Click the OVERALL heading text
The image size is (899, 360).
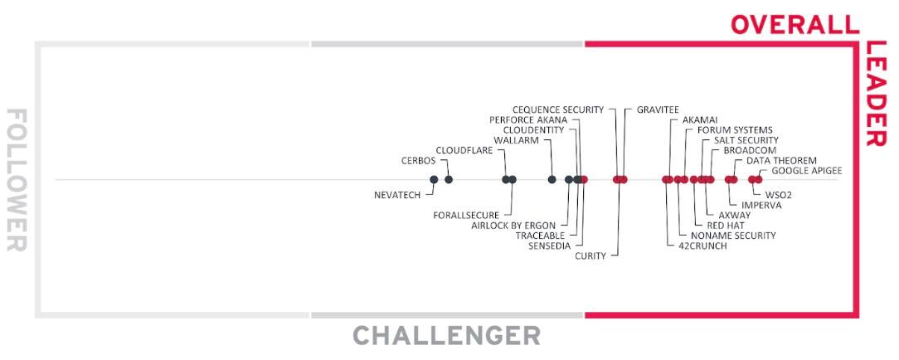[x=795, y=25]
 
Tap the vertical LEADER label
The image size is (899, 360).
[x=876, y=94]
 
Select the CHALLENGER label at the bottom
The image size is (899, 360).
[x=446, y=335]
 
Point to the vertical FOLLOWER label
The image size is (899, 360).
[x=17, y=179]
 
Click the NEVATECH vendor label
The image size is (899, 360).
[x=396, y=195]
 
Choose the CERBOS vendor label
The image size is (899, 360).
[x=419, y=161]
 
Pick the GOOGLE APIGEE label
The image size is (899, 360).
[x=807, y=171]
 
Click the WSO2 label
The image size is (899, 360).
[x=779, y=195]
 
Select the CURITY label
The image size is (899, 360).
[x=590, y=256]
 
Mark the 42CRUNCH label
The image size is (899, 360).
[x=702, y=246]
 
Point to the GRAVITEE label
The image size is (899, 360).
[x=658, y=109]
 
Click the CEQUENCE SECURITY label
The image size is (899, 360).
[x=558, y=109]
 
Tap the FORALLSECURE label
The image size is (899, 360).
[x=466, y=216]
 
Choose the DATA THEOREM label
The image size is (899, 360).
[x=781, y=161]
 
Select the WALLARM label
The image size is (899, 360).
[x=516, y=140]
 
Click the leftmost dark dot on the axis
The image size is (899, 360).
[x=434, y=179]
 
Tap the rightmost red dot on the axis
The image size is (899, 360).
[x=759, y=179]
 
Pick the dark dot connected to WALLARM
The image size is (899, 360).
[x=552, y=179]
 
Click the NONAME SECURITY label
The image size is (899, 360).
[x=733, y=236]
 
